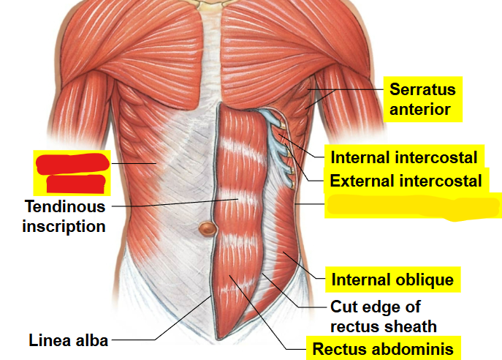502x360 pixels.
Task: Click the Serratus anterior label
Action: pos(422,100)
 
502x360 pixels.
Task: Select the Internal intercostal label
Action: pos(403,157)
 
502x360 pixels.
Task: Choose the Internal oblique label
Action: pos(392,280)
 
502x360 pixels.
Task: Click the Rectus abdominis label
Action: pos(383,348)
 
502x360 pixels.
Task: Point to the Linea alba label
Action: pos(68,340)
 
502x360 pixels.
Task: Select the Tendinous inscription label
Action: pos(64,216)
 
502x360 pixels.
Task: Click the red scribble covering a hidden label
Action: pos(72,172)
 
